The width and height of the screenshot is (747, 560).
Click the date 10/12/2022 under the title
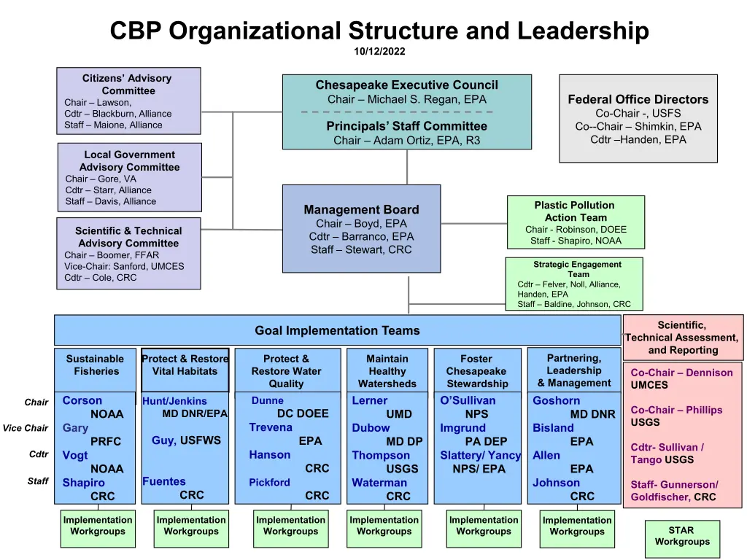379,51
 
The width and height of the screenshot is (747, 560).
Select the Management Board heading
361,210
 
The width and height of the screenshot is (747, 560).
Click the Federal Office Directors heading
638,99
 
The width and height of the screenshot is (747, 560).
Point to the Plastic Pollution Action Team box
575,222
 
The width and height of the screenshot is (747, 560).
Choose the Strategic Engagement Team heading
577,269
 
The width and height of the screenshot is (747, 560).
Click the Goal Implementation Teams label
337,330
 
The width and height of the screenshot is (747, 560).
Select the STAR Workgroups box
681,536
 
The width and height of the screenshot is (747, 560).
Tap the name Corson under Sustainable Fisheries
82,400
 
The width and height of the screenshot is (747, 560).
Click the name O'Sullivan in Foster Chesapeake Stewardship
468,400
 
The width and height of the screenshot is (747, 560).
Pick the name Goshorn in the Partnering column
557,400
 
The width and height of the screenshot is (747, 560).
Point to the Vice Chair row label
26,428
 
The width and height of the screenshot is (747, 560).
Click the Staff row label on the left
38,481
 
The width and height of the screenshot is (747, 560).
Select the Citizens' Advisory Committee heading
128,85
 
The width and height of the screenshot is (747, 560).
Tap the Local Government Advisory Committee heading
129,160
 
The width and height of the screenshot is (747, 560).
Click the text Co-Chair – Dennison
681,373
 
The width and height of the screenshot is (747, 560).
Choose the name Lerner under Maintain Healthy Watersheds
370,400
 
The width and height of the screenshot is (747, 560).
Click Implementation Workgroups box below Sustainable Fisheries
98,526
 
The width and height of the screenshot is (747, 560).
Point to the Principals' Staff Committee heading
406,126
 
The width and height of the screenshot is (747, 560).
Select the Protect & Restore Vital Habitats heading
185,365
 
